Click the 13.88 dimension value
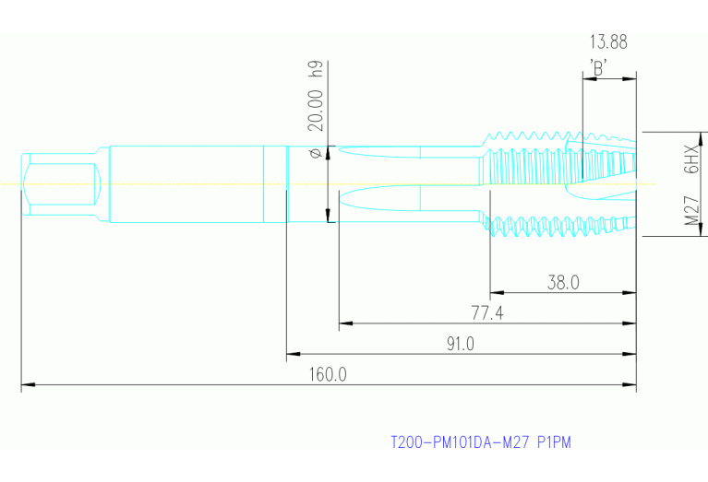click(x=609, y=41)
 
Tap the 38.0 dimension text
click(x=563, y=283)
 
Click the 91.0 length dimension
click(x=460, y=344)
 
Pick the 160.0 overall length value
click(x=328, y=374)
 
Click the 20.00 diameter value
click(x=315, y=110)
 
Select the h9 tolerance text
click(x=315, y=69)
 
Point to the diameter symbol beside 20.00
click(x=315, y=152)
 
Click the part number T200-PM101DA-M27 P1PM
click(x=481, y=442)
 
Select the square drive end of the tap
click(x=61, y=184)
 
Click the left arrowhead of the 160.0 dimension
click(x=26, y=384)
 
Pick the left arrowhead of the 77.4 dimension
click(x=344, y=323)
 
